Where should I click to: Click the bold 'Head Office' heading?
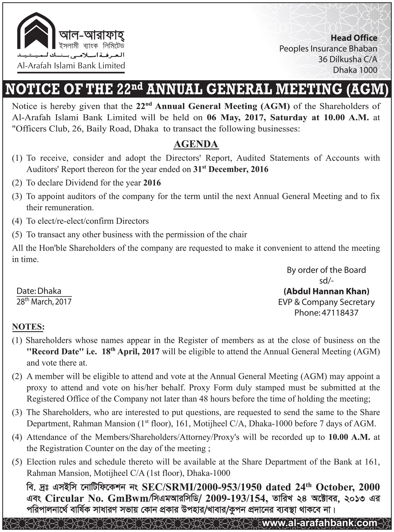(354, 38)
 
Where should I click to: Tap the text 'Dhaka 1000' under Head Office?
(355, 70)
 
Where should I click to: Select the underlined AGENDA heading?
(196, 144)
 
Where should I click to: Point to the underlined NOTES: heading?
(28, 326)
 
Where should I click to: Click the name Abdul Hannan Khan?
(326, 291)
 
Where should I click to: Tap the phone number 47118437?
(339, 313)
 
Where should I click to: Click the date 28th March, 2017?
(44, 302)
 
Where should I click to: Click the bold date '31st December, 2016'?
(231, 169)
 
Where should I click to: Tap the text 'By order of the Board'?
(326, 270)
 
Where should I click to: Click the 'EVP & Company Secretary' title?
(326, 302)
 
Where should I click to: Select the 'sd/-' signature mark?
(326, 281)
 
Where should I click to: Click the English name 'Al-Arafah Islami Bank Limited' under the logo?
(71, 66)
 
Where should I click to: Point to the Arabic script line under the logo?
(71, 55)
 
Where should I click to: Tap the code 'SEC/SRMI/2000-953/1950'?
(202, 487)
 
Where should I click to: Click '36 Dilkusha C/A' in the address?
(348, 59)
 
